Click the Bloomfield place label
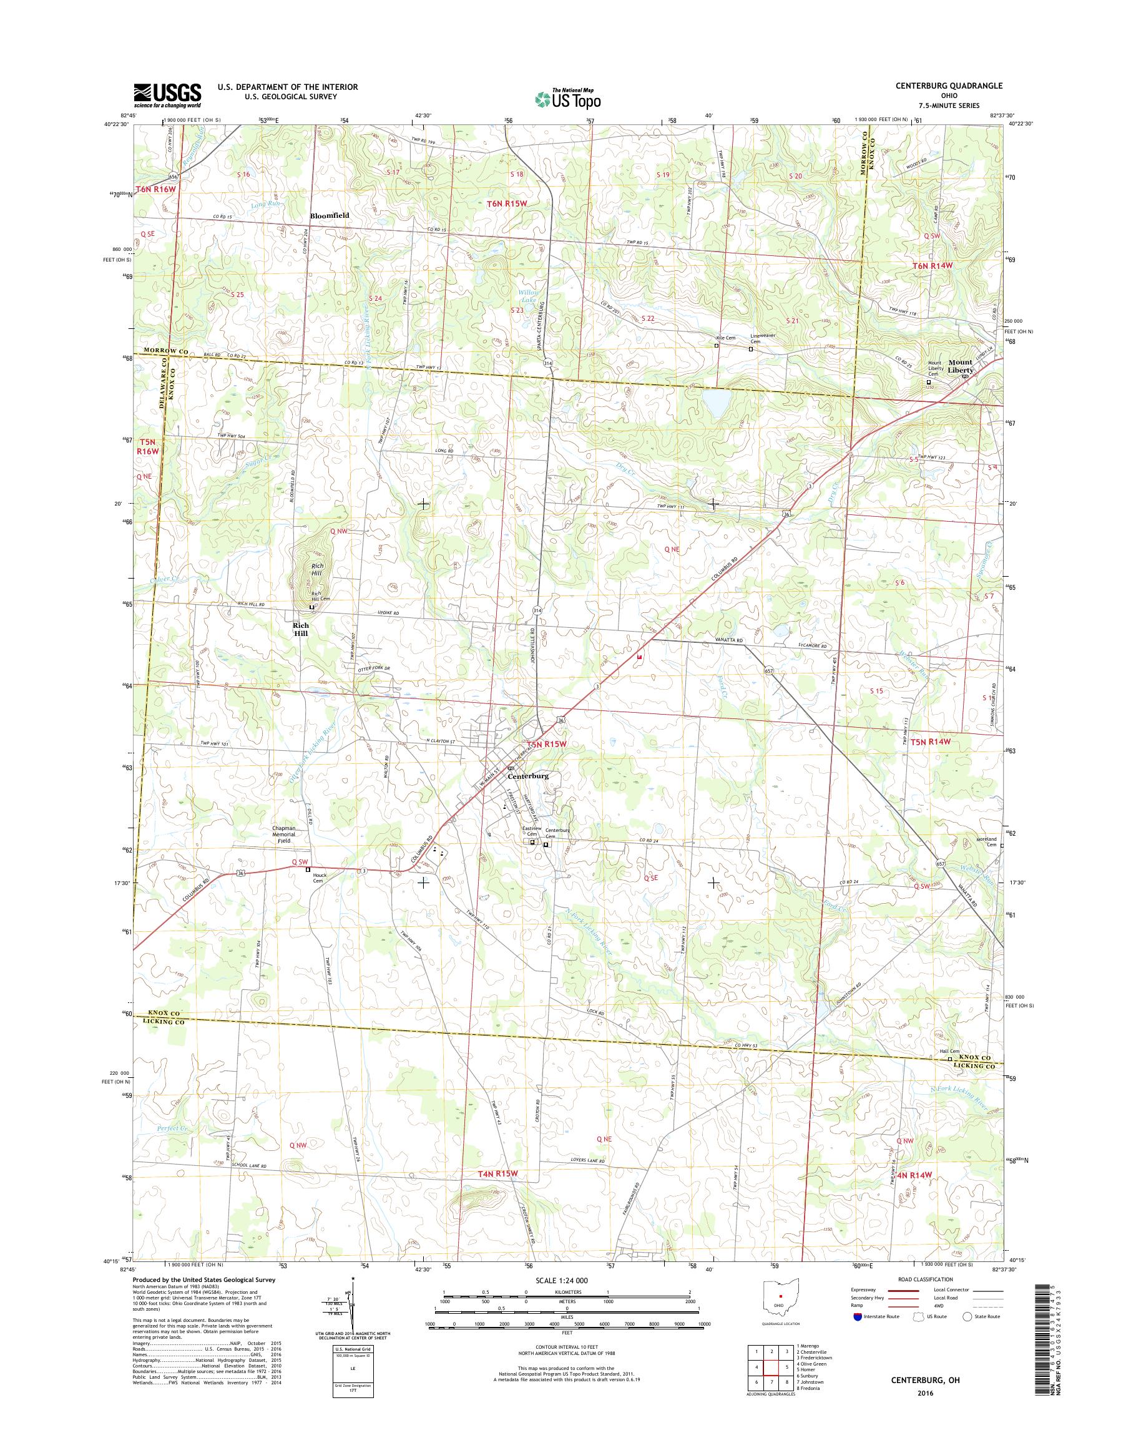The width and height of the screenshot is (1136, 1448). pos(329,216)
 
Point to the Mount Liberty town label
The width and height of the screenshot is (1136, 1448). pos(961,366)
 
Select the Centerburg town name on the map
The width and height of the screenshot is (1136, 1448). pos(528,776)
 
